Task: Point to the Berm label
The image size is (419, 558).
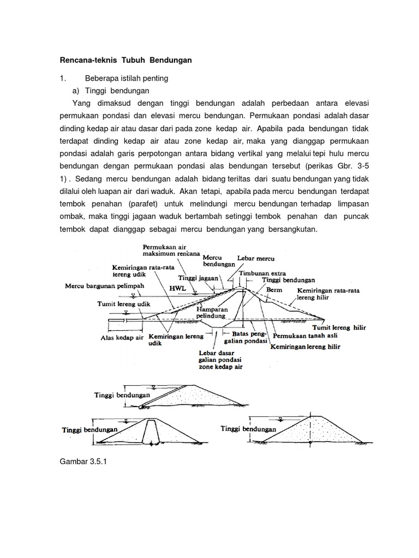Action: point(274,290)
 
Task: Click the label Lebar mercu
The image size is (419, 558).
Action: point(256,257)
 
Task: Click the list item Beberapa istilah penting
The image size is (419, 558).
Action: point(130,78)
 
